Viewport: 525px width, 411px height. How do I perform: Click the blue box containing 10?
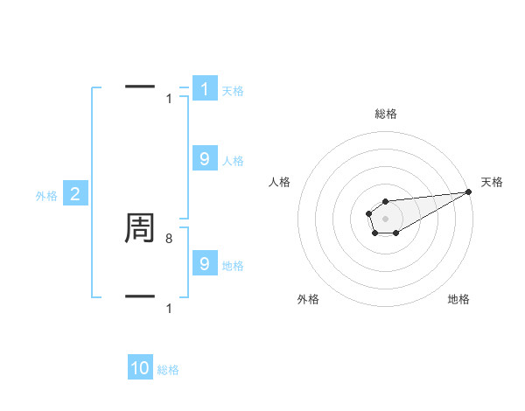[140, 368]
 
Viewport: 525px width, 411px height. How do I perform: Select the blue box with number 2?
[75, 194]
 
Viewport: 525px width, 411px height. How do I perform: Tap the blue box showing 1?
[205, 88]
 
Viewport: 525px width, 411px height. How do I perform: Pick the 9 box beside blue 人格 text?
[205, 158]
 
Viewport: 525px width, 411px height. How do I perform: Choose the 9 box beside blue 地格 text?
[205, 263]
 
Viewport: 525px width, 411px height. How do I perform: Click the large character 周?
[140, 228]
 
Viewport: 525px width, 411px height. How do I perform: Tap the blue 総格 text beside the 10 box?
[168, 370]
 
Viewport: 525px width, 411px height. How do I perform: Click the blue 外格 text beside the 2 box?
[46, 196]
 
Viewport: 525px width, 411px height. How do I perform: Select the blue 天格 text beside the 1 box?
[233, 90]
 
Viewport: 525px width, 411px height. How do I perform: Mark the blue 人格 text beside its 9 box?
[233, 160]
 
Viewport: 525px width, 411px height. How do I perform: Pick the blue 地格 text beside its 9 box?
[233, 265]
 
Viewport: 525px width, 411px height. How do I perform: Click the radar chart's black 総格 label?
[385, 114]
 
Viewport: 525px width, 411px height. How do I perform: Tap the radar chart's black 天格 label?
[493, 182]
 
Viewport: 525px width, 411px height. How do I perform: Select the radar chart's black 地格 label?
[458, 299]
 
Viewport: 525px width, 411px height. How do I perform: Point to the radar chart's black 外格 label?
[308, 299]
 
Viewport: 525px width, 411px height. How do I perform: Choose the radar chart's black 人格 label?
[280, 182]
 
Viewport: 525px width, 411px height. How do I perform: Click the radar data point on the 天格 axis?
[468, 192]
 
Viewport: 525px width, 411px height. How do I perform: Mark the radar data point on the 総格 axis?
[385, 201]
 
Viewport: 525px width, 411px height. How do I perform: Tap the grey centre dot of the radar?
[385, 218]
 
